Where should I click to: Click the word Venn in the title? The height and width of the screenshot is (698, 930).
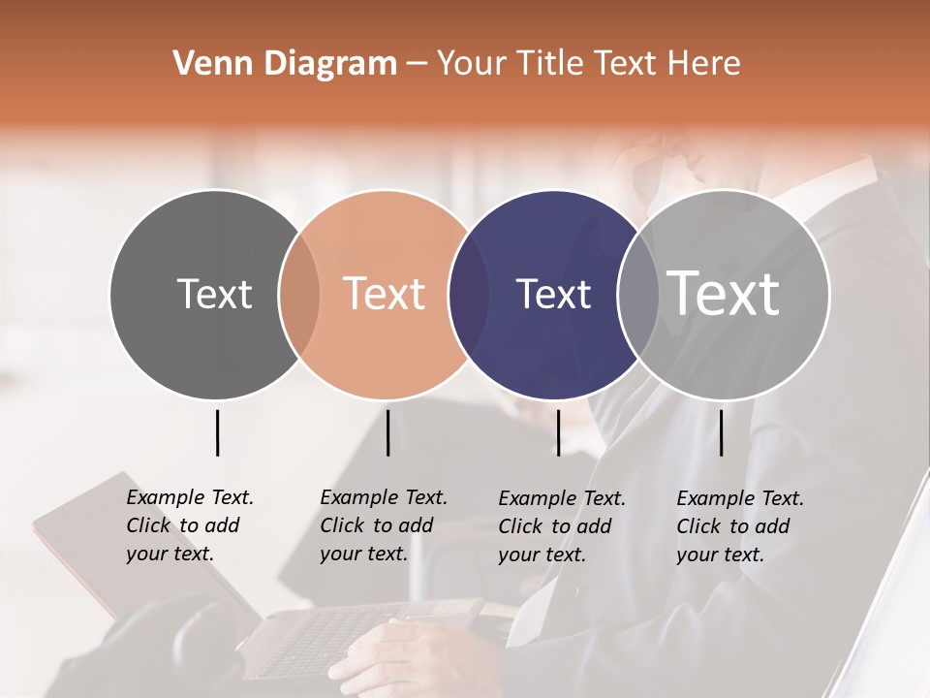pos(205,64)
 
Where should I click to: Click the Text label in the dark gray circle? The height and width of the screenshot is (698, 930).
pos(214,294)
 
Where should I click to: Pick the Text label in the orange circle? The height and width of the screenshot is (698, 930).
pos(384,294)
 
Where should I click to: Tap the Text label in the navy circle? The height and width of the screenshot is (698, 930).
pos(553,294)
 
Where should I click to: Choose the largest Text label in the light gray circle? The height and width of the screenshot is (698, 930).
pos(724,294)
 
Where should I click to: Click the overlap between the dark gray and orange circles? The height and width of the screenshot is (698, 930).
pos(299,294)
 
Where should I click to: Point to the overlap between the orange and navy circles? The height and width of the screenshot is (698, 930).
pos(469,294)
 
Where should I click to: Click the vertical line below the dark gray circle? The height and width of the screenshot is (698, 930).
pos(217,432)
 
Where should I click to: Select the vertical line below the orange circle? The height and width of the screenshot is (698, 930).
pos(387,432)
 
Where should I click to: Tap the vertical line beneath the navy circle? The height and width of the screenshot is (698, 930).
pos(558,432)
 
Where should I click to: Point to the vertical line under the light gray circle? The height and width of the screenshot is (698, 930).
pos(721,432)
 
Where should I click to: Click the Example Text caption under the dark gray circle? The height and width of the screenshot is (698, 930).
pos(189,525)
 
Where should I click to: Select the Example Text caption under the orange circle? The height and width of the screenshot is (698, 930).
pos(383,525)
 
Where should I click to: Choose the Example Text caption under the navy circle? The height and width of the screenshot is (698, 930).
pos(561,526)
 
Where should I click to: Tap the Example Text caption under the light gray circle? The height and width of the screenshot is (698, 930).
pos(739,526)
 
